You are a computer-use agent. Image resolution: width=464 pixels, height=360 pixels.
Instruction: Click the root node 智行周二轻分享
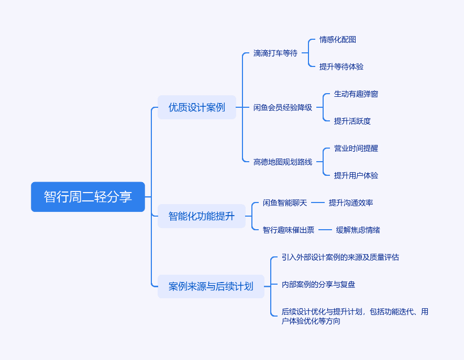(x=88, y=197)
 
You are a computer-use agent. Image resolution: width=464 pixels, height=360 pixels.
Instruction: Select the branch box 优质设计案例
(x=197, y=107)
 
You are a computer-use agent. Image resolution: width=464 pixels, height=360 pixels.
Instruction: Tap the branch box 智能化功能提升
(x=202, y=216)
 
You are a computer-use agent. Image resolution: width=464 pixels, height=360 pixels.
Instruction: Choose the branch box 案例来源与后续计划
(x=211, y=286)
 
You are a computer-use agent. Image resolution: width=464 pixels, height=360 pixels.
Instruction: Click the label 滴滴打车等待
(x=275, y=53)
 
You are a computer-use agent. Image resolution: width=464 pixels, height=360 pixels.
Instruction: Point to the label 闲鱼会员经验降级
(x=283, y=108)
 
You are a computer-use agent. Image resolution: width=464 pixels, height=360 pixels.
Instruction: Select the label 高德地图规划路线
(x=283, y=162)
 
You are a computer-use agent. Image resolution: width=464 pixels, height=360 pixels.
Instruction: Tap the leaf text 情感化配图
(x=338, y=40)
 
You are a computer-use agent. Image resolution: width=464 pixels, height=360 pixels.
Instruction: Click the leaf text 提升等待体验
(x=341, y=67)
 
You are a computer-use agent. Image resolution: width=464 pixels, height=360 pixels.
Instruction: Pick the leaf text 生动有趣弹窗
(x=356, y=94)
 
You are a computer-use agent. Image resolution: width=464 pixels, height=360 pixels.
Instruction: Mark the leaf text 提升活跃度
(x=352, y=121)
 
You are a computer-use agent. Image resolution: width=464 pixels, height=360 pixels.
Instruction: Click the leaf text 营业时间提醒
(x=356, y=149)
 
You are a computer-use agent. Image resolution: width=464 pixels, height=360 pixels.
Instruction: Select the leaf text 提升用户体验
(x=356, y=176)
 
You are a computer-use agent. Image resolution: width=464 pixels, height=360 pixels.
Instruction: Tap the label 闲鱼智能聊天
(x=285, y=203)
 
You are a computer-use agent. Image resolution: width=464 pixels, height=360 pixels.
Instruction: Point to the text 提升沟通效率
(x=351, y=203)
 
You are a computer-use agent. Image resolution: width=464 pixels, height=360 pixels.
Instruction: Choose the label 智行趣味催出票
(x=289, y=230)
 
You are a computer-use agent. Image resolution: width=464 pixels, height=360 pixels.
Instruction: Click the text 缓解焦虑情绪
(x=358, y=230)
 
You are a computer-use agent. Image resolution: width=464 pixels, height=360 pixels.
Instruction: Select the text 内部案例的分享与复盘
(x=318, y=284)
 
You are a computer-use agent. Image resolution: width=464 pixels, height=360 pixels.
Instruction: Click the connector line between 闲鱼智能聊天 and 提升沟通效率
(x=318, y=203)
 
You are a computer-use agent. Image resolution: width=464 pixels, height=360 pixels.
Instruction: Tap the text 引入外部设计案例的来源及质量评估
(x=340, y=257)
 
